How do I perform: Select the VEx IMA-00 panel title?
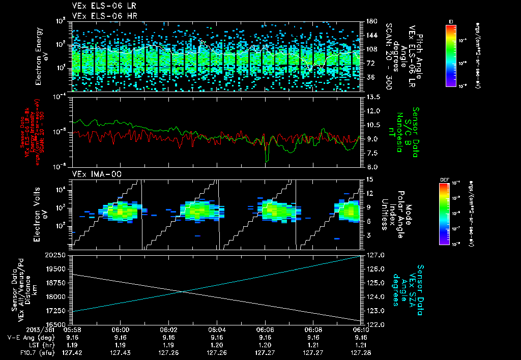pos(93,174)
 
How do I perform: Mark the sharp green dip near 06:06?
pos(267,161)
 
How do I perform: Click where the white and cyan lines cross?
pos(183,291)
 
